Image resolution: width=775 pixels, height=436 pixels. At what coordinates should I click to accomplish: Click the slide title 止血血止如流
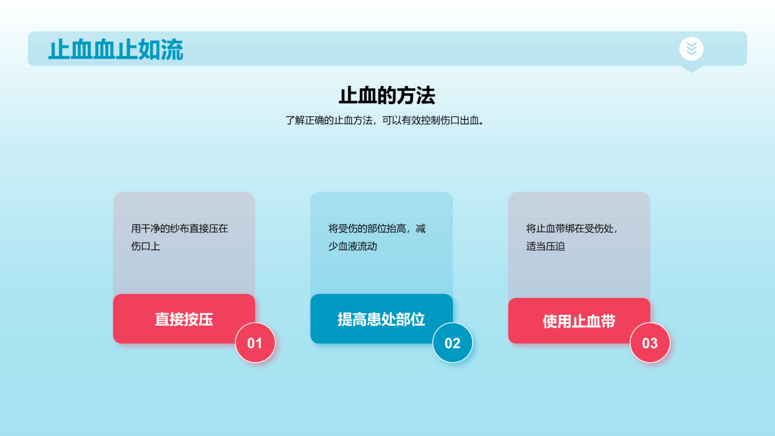point(116,50)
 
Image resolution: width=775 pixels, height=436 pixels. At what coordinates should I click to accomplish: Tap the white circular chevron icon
point(691,48)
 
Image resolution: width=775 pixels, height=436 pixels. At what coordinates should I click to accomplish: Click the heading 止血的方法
point(387,96)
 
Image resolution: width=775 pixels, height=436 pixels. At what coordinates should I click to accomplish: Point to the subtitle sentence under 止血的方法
point(387,121)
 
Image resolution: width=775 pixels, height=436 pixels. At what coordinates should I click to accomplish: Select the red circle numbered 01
point(255,343)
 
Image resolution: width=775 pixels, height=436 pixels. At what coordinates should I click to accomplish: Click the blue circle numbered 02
point(452,343)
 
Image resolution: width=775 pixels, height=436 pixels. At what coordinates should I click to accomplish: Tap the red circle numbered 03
point(650,343)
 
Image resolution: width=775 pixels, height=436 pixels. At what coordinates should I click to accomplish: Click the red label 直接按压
point(183,319)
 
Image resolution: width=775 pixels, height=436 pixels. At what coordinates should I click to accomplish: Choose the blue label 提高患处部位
point(381,319)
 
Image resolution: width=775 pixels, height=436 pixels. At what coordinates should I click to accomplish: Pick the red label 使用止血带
point(579,321)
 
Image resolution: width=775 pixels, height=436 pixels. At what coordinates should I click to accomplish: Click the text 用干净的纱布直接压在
point(180,229)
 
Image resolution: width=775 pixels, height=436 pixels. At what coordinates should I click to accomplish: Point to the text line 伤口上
point(146,247)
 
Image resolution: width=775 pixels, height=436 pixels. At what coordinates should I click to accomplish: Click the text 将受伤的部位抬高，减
point(377,229)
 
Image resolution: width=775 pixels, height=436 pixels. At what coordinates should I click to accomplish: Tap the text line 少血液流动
point(353,247)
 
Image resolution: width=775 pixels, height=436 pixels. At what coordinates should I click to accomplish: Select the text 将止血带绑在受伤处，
point(572,229)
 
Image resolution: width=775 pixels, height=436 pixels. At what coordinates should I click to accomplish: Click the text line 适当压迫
point(546,247)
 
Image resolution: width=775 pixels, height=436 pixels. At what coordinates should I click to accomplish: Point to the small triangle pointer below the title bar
point(691,69)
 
